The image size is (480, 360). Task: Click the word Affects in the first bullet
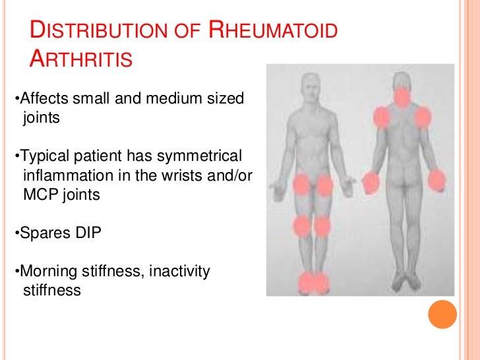point(42,99)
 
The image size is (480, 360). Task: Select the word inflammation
point(63,175)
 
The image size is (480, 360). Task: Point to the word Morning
point(47,271)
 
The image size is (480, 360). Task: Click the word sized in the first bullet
point(224,99)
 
